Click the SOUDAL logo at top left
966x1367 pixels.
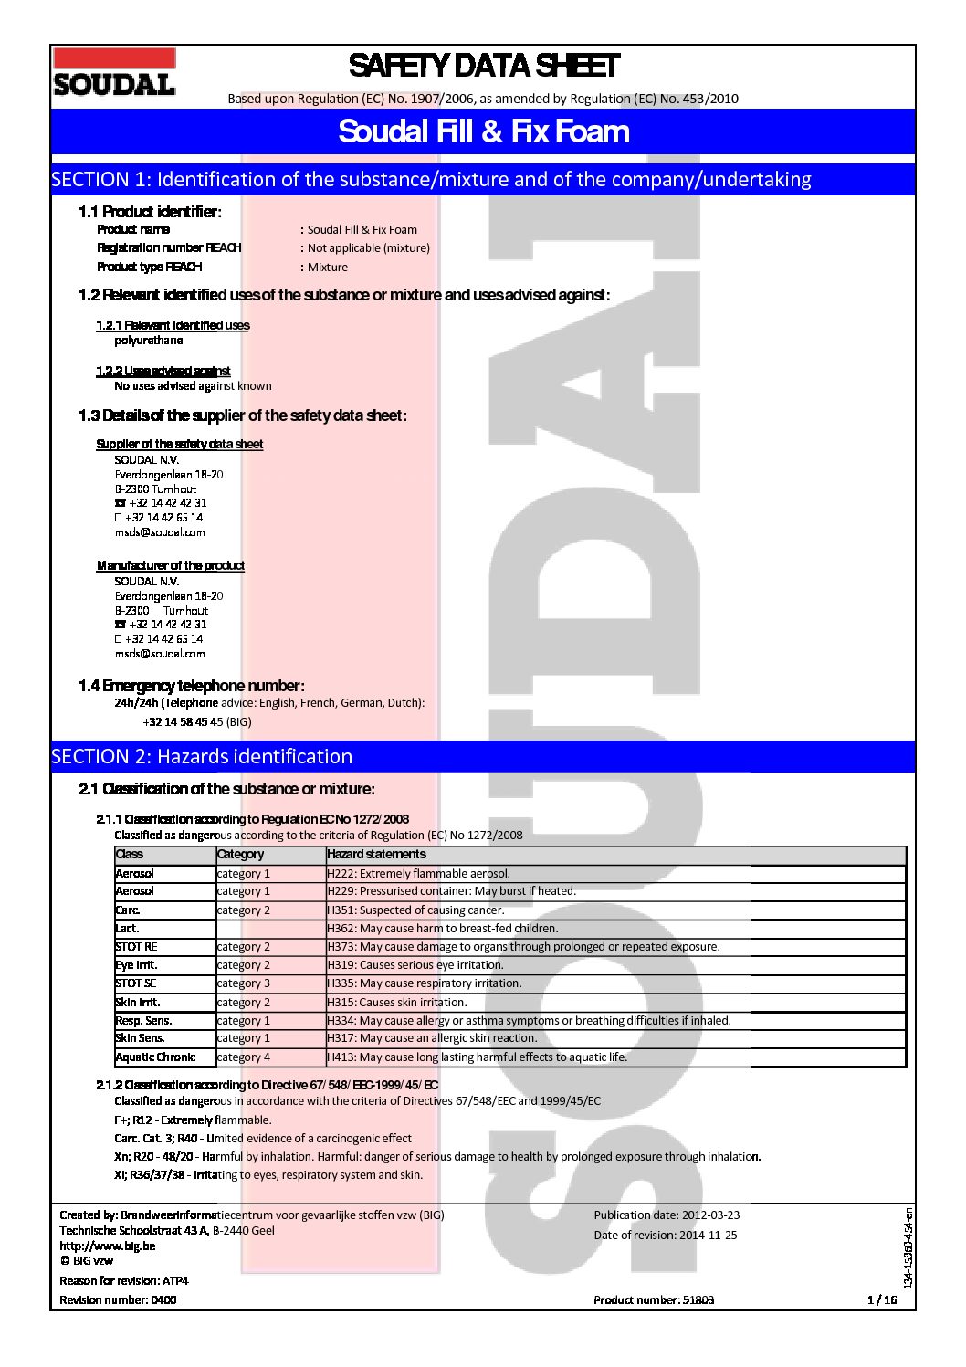click(114, 73)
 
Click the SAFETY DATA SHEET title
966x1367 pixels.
click(483, 66)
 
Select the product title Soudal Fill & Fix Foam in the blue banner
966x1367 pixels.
click(483, 131)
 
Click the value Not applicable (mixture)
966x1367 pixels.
click(368, 248)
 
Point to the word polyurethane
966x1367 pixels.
click(148, 341)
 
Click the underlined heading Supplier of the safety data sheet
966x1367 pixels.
click(179, 445)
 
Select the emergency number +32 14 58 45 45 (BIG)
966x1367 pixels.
click(196, 722)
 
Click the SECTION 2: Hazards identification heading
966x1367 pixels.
click(202, 756)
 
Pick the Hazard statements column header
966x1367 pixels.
click(376, 855)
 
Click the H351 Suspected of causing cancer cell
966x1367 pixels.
click(415, 910)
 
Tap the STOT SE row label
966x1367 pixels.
click(136, 983)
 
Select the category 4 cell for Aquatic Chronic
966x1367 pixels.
click(243, 1057)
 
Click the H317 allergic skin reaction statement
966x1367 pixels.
click(432, 1038)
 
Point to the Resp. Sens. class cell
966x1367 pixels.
click(143, 1021)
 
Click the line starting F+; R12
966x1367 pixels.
click(193, 1120)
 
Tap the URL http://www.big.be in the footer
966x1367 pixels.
click(107, 1246)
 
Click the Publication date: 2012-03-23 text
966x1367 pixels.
click(667, 1215)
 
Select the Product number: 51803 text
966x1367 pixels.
click(653, 1300)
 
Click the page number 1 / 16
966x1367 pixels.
click(881, 1300)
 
